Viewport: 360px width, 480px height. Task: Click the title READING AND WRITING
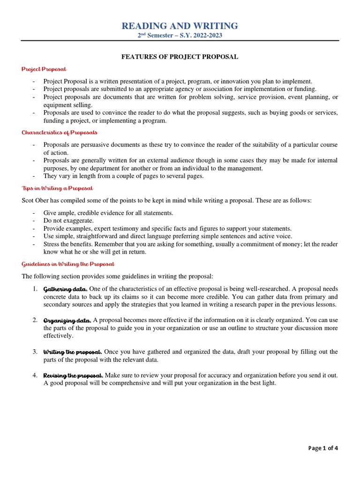coord(180,26)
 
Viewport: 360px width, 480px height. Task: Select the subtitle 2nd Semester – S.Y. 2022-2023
coord(180,36)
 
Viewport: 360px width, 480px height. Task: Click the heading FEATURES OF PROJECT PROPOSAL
coord(180,57)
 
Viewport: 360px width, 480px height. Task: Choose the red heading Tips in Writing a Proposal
coord(57,188)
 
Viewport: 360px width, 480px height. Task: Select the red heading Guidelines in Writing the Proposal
coord(68,264)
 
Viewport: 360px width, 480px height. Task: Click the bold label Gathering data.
coord(65,289)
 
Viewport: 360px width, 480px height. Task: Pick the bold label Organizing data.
coord(67,321)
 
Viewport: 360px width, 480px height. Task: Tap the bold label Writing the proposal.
coord(73,352)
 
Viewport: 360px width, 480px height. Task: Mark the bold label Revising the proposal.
coord(73,376)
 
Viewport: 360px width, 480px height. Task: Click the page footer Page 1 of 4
coord(323,448)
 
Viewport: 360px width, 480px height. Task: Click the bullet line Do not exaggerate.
coord(68,220)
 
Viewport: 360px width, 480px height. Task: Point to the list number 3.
coord(35,352)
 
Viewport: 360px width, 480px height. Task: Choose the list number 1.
coord(35,288)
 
